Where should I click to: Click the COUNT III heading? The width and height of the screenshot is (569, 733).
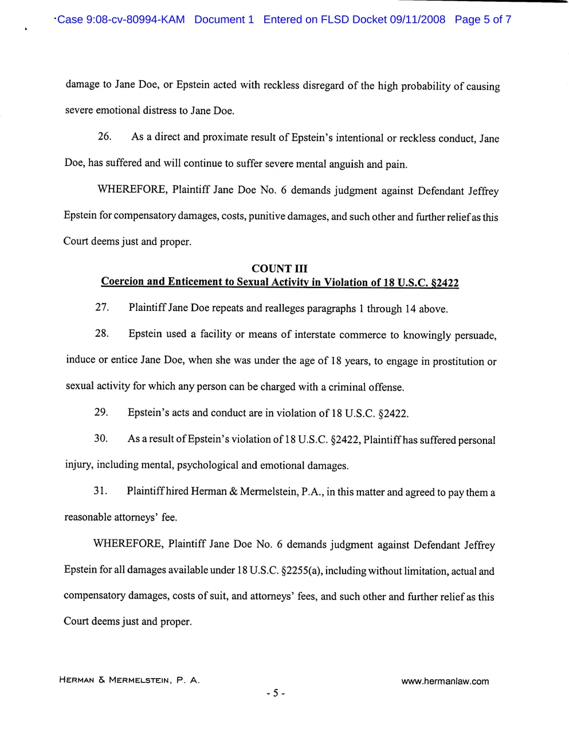(x=280, y=269)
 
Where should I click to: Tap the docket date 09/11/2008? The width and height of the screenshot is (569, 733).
(x=417, y=20)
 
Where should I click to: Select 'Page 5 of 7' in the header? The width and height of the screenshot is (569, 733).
(x=482, y=20)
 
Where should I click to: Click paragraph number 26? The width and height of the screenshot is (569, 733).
(x=104, y=137)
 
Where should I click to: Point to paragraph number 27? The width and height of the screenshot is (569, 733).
(x=102, y=308)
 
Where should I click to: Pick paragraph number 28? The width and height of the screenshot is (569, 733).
(x=101, y=333)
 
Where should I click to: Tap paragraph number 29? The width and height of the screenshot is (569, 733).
(x=101, y=412)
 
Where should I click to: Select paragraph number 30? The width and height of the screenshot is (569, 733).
(x=101, y=439)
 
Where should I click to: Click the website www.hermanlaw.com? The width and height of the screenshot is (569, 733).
(x=445, y=681)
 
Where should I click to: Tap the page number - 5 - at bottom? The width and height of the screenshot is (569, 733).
(x=276, y=693)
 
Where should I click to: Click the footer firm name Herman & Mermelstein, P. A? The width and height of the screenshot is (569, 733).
(x=129, y=680)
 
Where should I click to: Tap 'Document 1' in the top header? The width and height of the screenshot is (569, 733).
(x=224, y=20)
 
